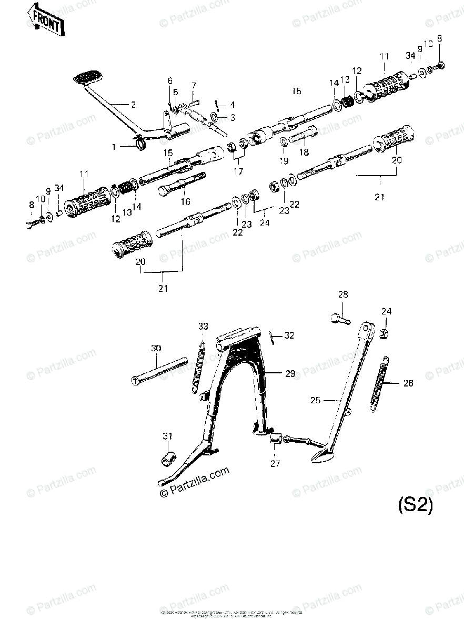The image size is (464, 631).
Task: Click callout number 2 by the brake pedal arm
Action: point(133,105)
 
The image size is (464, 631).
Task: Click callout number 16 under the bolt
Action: point(185,201)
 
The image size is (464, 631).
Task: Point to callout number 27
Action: point(276,463)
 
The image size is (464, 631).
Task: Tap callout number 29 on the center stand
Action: point(290,374)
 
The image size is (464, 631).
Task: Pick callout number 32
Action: point(289,335)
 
